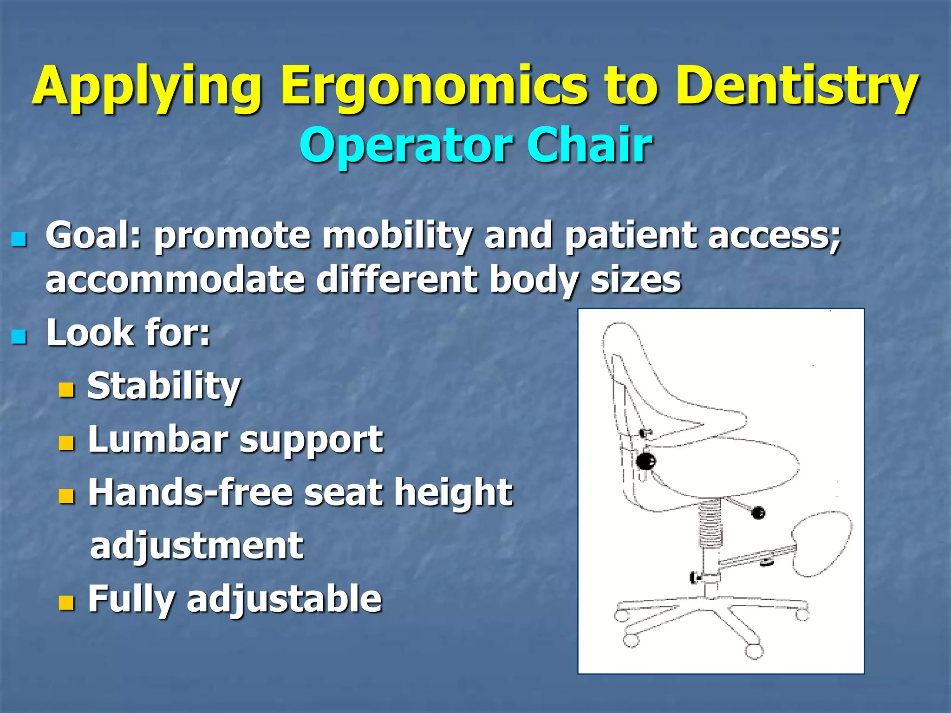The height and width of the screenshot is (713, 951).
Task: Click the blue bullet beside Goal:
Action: click(19, 240)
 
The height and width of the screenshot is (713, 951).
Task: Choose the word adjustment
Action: click(196, 546)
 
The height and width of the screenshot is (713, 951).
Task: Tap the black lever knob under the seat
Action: click(758, 512)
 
